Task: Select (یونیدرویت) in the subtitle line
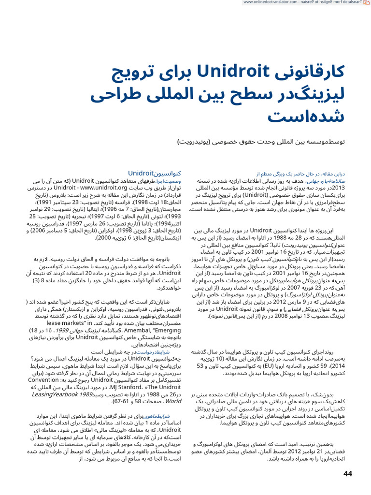click(198, 142)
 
